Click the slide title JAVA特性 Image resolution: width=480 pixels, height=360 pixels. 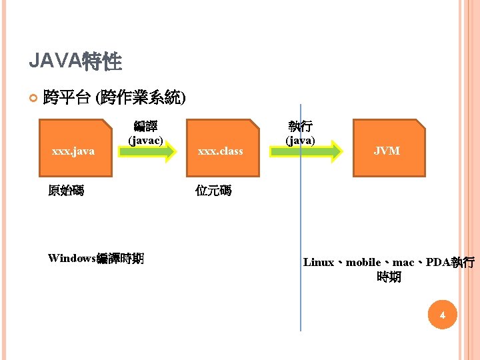(x=75, y=62)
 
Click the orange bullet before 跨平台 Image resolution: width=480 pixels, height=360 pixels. (x=34, y=99)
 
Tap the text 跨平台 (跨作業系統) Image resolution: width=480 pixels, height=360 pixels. (x=114, y=98)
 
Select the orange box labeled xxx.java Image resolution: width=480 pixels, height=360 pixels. (x=75, y=148)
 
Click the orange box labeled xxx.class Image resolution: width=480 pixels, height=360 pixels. (x=222, y=148)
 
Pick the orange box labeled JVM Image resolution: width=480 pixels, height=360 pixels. (x=389, y=148)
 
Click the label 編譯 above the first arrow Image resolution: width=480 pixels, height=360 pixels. (x=145, y=126)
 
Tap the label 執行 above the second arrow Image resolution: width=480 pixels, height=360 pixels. (x=301, y=126)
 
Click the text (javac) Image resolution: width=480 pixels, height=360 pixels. (x=145, y=140)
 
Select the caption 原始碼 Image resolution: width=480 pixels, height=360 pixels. (x=66, y=191)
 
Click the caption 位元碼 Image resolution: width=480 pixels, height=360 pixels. (x=213, y=191)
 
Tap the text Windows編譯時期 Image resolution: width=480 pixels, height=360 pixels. (x=96, y=258)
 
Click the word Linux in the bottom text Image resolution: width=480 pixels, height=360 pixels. (x=319, y=263)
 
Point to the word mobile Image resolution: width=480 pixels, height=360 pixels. (x=363, y=263)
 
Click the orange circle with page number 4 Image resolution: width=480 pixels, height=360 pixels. (x=441, y=315)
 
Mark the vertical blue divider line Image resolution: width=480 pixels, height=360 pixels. (x=301, y=220)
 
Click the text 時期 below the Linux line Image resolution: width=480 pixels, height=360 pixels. (x=389, y=277)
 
